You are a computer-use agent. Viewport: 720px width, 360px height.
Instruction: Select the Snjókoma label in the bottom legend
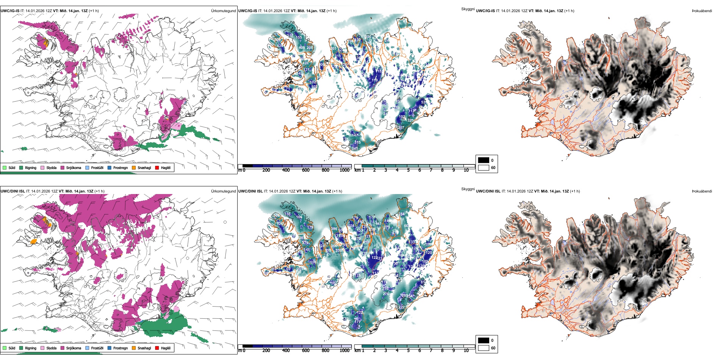tap(74, 348)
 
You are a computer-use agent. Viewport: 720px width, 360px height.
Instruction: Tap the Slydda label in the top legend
tap(51, 167)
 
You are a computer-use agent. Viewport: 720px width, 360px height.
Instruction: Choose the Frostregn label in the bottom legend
tap(120, 348)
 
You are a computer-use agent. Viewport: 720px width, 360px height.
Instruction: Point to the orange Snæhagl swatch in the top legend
tap(134, 167)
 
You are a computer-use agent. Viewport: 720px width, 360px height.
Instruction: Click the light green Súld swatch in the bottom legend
tap(5, 348)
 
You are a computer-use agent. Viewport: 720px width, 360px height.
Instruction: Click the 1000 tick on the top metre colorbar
tap(344, 170)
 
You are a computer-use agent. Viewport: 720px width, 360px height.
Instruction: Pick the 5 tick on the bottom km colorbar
tap(408, 351)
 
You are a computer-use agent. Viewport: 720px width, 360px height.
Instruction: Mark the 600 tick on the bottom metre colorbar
tap(306, 351)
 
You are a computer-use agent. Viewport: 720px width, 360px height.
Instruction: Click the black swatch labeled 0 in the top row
tap(484, 160)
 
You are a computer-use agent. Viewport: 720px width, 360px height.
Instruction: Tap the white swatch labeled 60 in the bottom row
tap(484, 347)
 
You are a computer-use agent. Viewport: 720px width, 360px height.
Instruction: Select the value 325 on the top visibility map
tap(410, 121)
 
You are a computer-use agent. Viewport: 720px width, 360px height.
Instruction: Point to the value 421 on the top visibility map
tap(305, 63)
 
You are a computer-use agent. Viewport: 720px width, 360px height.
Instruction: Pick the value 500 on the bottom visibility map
tap(277, 215)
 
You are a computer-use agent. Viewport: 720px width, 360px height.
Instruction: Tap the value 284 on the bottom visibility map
tap(401, 214)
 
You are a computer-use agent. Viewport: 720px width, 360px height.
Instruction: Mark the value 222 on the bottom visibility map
tap(401, 307)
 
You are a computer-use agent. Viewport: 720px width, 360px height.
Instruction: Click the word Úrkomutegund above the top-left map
tap(223, 11)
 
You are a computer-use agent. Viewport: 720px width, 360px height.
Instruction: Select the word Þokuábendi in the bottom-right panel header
tap(702, 191)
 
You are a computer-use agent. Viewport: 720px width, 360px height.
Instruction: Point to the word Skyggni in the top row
tap(468, 9)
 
